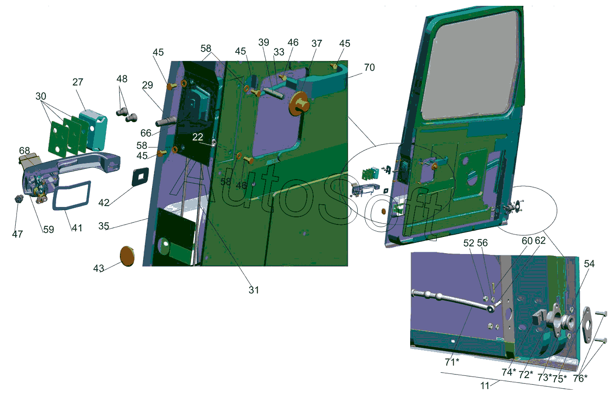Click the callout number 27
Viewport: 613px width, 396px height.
[x=78, y=82]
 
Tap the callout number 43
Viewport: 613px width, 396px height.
[x=99, y=268]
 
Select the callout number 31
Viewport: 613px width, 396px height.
[x=254, y=290]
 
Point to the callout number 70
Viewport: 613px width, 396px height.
[x=369, y=67]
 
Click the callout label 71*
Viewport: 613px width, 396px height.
[x=452, y=362]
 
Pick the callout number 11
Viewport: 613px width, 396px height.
[x=485, y=386]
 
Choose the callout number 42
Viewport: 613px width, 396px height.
[x=104, y=202]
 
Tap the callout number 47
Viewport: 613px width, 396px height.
[x=18, y=234]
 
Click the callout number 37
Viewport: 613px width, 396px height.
[x=317, y=43]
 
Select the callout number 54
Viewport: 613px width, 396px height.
[x=589, y=264]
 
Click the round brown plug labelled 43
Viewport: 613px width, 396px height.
[x=127, y=256]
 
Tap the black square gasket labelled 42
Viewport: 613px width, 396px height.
[x=140, y=176]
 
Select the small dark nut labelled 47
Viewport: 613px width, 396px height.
[x=18, y=199]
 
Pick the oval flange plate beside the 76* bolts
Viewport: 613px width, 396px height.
[x=587, y=324]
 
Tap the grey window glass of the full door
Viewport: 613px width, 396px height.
[x=470, y=67]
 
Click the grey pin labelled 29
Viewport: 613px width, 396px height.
[x=166, y=121]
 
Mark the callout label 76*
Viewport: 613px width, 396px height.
[x=580, y=378]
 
